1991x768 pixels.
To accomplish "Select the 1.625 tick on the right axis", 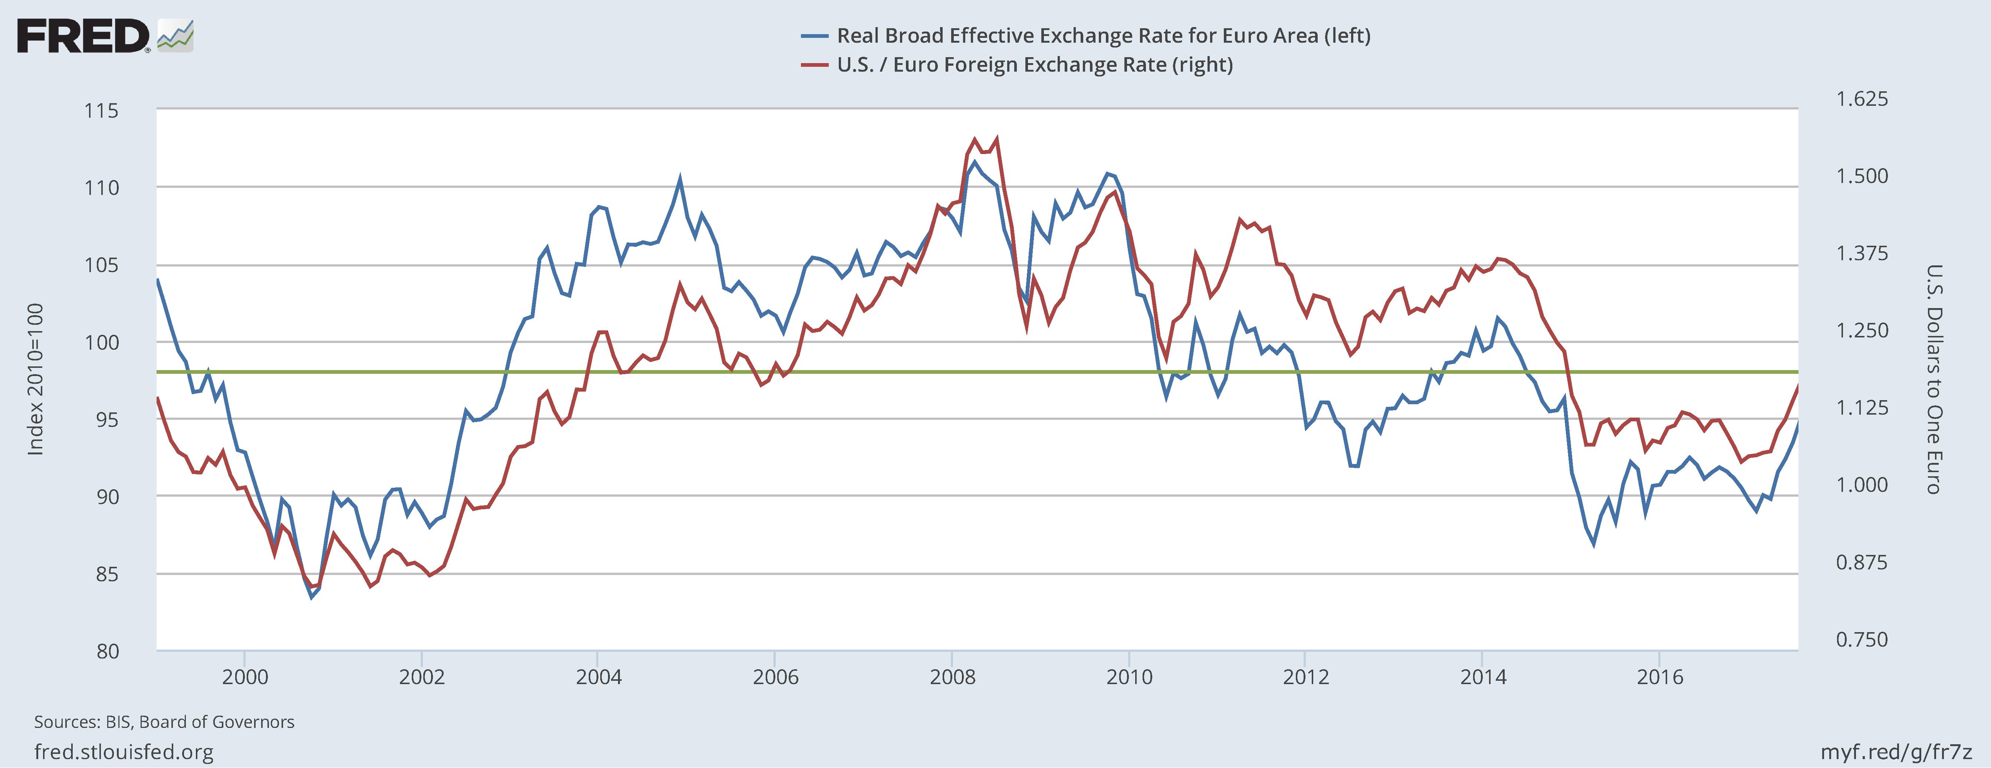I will pyautogui.click(x=1861, y=99).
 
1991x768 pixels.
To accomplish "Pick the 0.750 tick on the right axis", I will pyautogui.click(x=1861, y=640).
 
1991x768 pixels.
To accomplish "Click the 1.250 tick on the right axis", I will pyautogui.click(x=1861, y=330).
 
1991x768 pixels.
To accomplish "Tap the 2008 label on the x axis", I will pyautogui.click(x=952, y=677).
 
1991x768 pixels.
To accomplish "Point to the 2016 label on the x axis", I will pyautogui.click(x=1659, y=677).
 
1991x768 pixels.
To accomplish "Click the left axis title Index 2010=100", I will pyautogui.click(x=36, y=379).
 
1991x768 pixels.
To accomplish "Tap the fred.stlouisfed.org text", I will pyautogui.click(x=124, y=752).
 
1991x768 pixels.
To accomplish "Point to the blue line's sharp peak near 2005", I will pyautogui.click(x=679, y=178).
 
